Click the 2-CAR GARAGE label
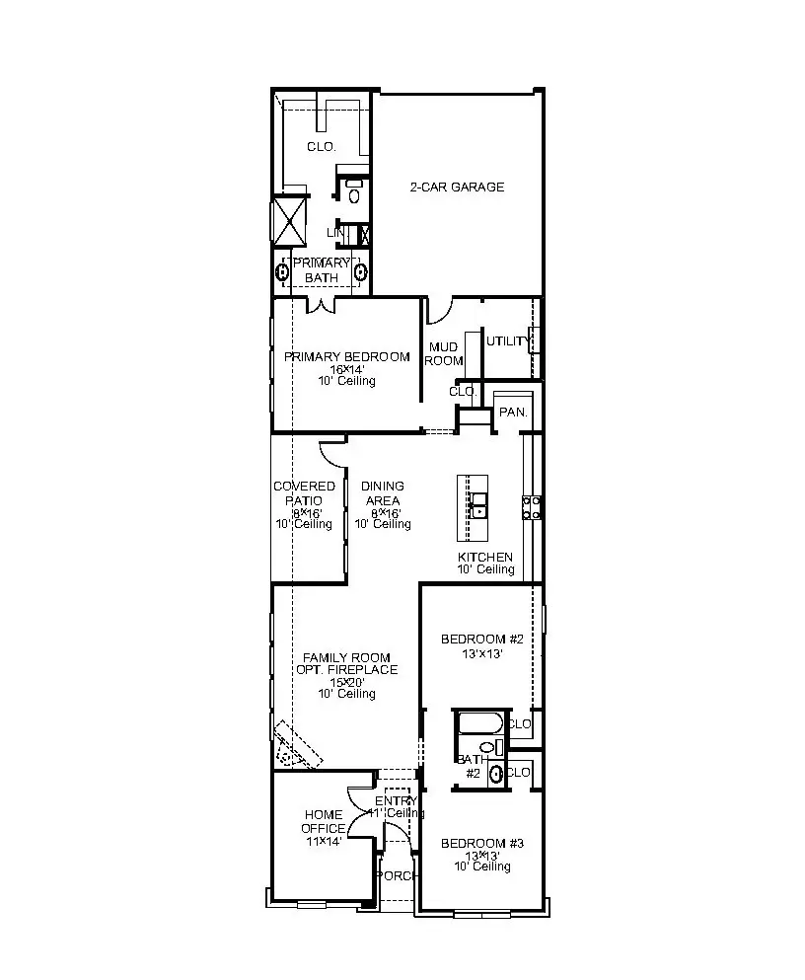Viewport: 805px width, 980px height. (457, 187)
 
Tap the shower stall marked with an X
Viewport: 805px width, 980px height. (291, 221)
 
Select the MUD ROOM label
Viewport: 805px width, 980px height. (443, 353)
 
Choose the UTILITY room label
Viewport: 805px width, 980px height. (507, 341)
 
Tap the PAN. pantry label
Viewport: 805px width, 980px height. (513, 412)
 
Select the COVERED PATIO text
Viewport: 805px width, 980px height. (304, 492)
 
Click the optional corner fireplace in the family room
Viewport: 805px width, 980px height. (296, 746)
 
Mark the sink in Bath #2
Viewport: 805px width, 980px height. (496, 774)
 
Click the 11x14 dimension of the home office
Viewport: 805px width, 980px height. (323, 841)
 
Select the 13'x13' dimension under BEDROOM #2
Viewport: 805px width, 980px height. (481, 652)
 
